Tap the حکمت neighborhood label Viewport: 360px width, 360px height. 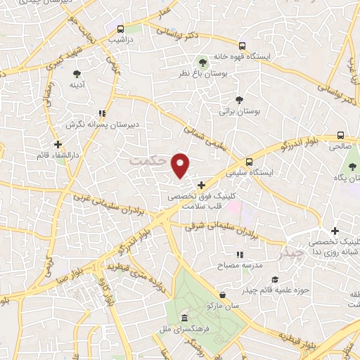(150, 161)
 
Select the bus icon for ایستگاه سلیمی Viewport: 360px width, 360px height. (249, 161)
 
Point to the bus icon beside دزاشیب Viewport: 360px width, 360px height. (121, 30)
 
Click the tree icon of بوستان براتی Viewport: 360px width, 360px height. (239, 100)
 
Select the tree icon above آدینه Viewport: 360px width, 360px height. (76, 73)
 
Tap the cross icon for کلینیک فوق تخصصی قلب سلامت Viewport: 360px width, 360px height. (202, 185)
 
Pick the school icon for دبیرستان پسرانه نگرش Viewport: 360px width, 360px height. (103, 112)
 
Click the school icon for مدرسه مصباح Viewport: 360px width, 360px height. (239, 254)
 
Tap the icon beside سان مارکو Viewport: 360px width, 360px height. (222, 295)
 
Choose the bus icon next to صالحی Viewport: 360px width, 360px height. (340, 136)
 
